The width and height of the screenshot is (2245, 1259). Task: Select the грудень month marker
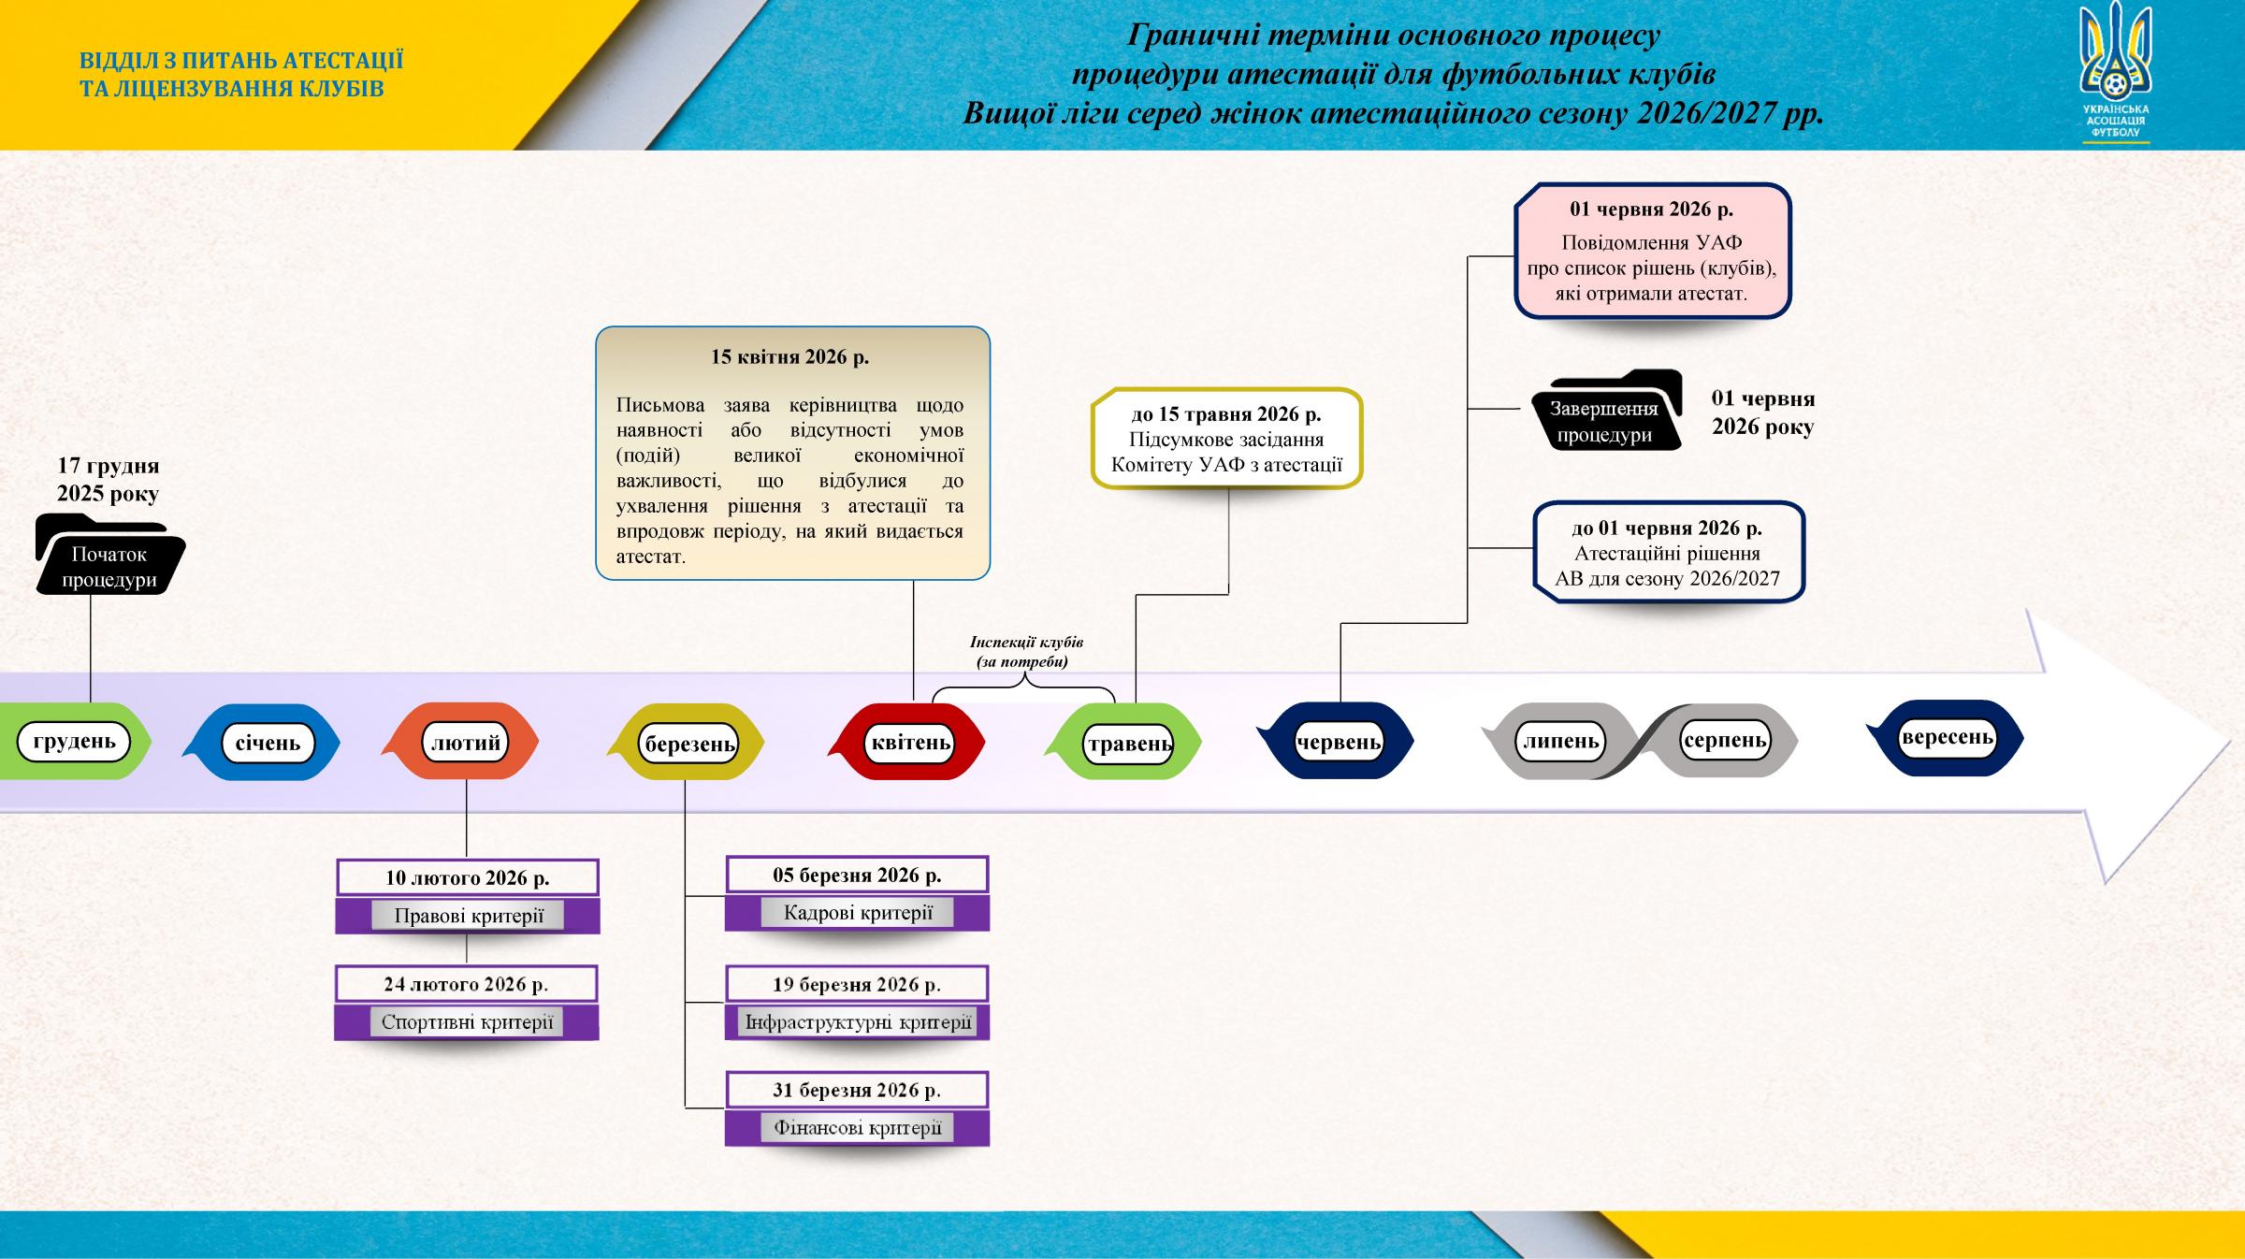tap(74, 742)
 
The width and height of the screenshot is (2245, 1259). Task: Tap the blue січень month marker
tap(268, 743)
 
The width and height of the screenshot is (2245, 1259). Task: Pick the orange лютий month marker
tap(465, 743)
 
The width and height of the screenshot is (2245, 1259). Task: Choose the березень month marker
tap(690, 744)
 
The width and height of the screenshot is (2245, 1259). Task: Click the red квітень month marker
tap(910, 743)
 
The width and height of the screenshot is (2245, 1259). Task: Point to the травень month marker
tap(1129, 744)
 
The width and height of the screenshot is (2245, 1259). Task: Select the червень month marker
tap(1339, 742)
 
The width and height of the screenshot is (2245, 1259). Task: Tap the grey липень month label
tap(1560, 742)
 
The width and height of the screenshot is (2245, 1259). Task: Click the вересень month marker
tap(1948, 738)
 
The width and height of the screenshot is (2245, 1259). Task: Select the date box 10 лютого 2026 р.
tap(468, 878)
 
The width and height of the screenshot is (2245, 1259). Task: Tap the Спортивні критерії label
tap(467, 1022)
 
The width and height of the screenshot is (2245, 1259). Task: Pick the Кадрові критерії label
tap(858, 913)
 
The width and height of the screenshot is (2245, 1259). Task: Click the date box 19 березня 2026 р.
tap(857, 984)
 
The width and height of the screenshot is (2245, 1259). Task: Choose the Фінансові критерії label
tap(858, 1127)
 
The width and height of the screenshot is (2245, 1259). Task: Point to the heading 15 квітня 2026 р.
tap(790, 356)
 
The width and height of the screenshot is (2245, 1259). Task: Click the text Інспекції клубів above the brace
tap(1026, 643)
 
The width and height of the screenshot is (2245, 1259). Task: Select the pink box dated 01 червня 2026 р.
tap(1652, 251)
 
